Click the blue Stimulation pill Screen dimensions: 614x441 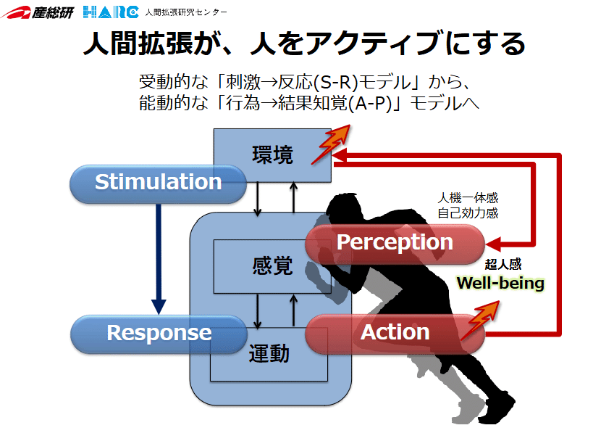coord(158,184)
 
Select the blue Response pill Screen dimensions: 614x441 coord(159,334)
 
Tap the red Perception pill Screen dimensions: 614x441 coord(395,244)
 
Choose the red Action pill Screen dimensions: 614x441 coord(395,334)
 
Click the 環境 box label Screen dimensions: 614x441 coord(272,154)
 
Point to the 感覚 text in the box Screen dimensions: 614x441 coord(272,265)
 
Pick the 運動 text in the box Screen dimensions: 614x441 coord(269,353)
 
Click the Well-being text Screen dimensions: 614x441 coord(500,283)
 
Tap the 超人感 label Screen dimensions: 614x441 coord(503,264)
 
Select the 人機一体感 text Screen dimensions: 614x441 coord(468,198)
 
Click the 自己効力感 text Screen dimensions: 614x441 coord(468,213)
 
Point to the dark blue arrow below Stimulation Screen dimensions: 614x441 coord(159,259)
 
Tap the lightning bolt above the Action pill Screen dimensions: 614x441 coord(480,320)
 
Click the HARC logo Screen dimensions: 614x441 coord(111,12)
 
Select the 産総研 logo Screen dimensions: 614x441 coord(37,12)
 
